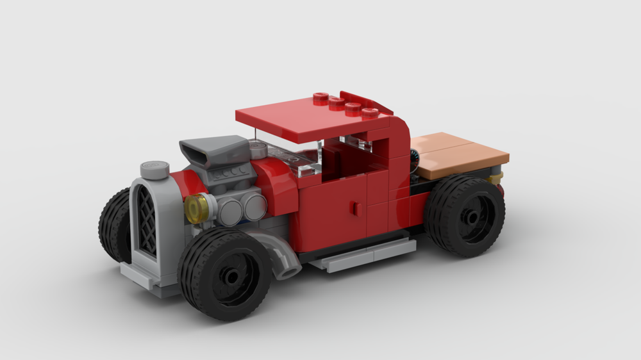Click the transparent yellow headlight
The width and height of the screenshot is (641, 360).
195,209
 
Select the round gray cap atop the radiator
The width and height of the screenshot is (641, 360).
154,169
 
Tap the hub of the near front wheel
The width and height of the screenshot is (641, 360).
230,277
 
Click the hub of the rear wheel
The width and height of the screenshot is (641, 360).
472,218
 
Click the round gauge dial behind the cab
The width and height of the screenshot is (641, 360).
414,156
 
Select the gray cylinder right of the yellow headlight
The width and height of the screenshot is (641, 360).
229,209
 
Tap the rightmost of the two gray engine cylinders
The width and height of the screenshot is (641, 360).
255,206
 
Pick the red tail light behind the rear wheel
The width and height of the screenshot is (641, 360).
500,189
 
